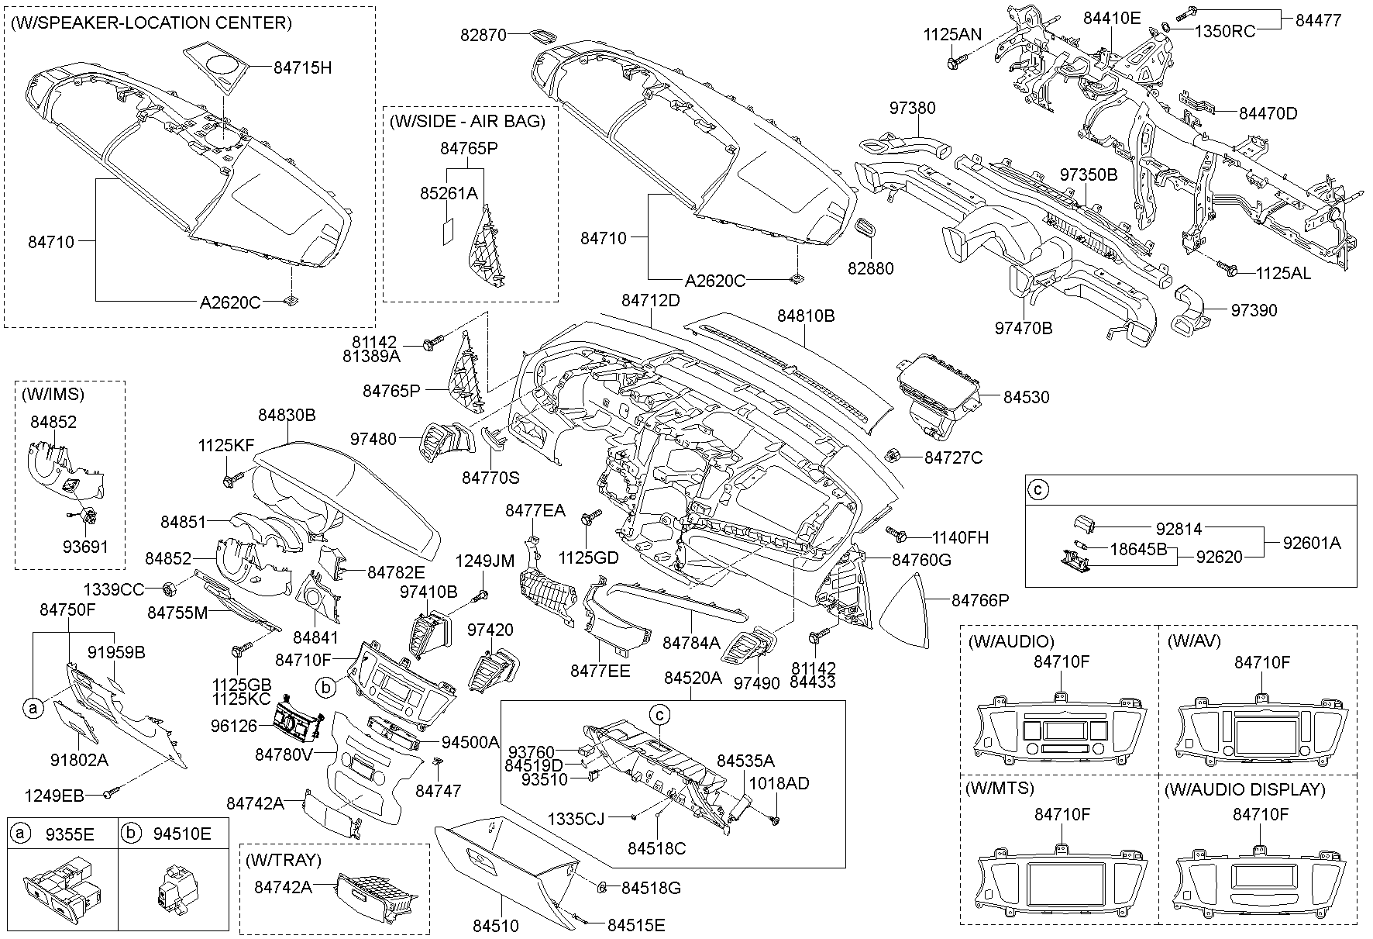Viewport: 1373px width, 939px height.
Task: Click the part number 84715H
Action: click(x=302, y=68)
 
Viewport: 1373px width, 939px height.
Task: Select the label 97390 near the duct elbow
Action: click(x=1254, y=310)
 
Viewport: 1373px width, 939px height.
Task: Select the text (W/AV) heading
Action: click(x=1194, y=641)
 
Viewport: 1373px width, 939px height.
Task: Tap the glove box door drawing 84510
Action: click(x=508, y=861)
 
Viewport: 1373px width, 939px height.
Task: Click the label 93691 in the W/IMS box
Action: click(x=85, y=547)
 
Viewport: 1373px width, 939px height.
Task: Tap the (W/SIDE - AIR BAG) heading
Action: click(x=467, y=121)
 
